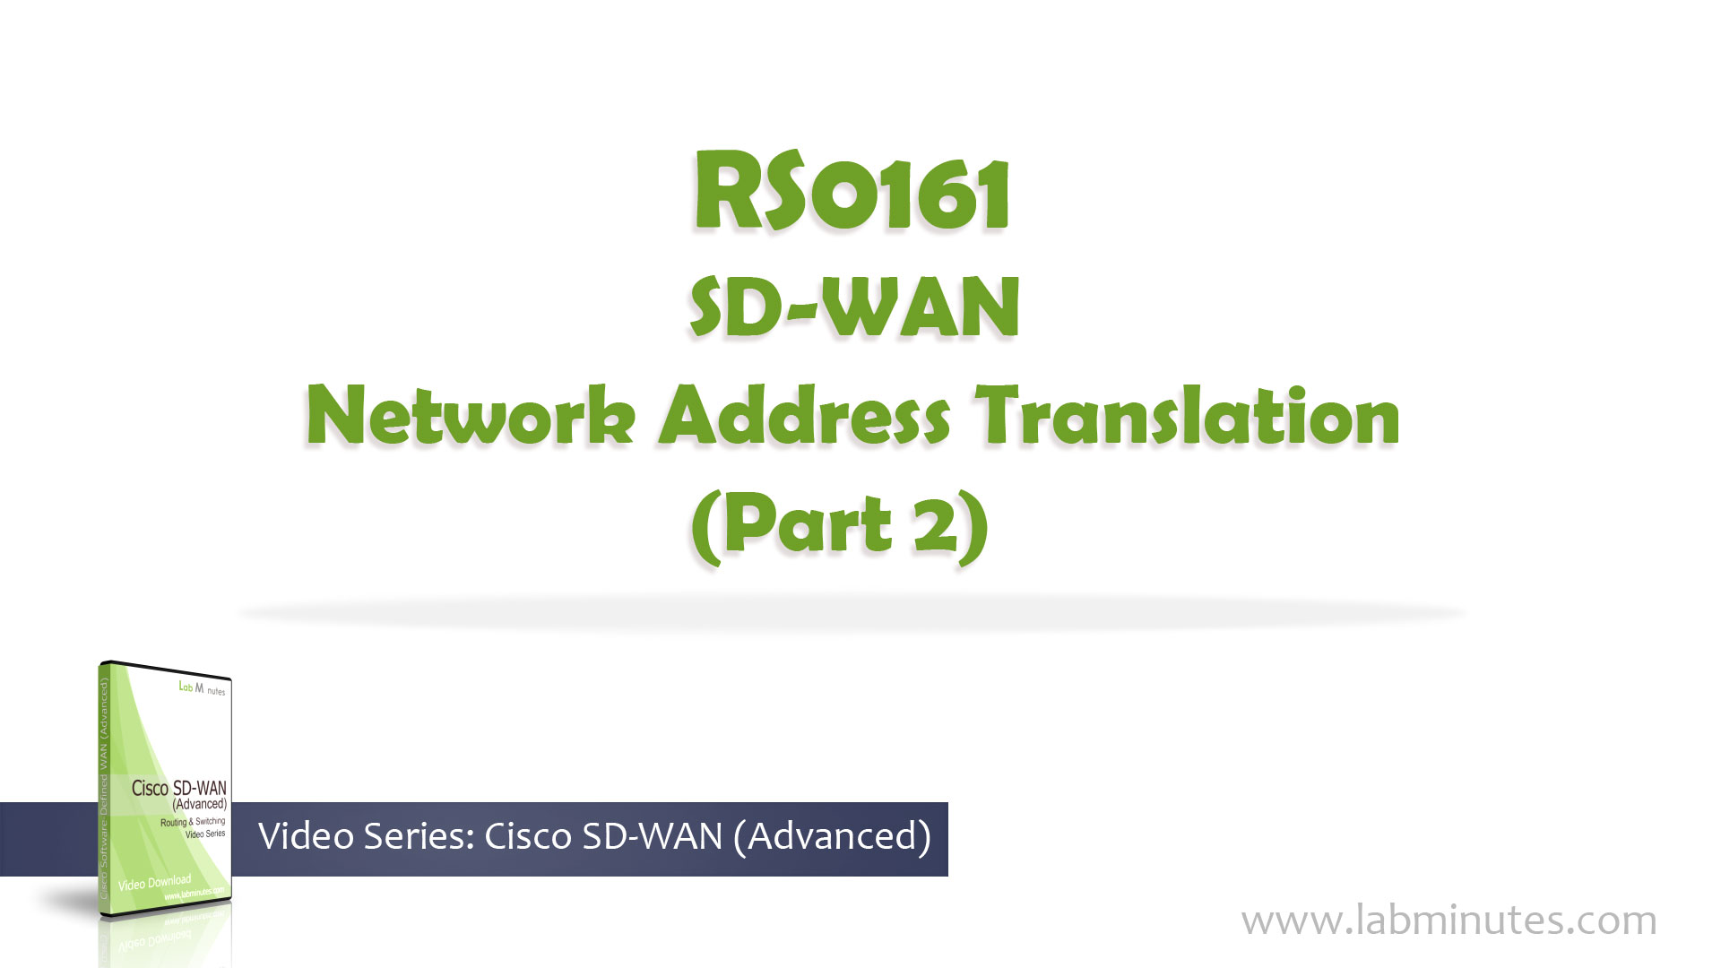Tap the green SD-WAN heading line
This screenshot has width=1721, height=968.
pyautogui.click(x=854, y=307)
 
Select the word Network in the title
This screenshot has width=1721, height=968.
pyautogui.click(x=471, y=415)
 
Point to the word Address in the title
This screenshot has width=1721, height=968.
pyautogui.click(x=804, y=415)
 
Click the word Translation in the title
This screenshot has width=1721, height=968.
pyautogui.click(x=1188, y=415)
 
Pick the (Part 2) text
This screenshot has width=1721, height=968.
pyautogui.click(x=840, y=526)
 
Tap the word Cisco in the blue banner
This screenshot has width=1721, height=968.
pyautogui.click(x=528, y=836)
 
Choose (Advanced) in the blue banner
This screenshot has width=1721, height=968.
pyautogui.click(x=832, y=836)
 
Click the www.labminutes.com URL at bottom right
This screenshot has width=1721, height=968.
pyautogui.click(x=1449, y=920)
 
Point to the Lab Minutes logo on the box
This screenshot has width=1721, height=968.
pyautogui.click(x=202, y=688)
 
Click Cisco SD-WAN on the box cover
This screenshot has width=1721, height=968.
pyautogui.click(x=178, y=788)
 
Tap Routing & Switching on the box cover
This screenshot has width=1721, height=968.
pyautogui.click(x=193, y=821)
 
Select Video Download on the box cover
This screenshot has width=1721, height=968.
pyautogui.click(x=154, y=883)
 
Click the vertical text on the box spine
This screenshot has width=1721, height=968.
pyautogui.click(x=104, y=789)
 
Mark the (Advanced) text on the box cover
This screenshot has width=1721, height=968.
pyautogui.click(x=199, y=804)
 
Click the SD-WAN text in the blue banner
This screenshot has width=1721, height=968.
pyautogui.click(x=653, y=836)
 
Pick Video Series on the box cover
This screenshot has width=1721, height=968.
pyautogui.click(x=205, y=834)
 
